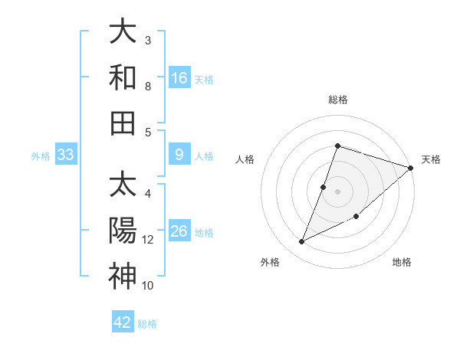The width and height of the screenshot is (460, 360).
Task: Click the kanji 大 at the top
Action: (123, 31)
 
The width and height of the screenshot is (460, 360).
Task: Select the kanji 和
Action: (123, 77)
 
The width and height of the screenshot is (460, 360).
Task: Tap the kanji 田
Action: (123, 123)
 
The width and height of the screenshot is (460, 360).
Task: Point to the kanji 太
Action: (123, 185)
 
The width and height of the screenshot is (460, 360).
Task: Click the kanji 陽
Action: (123, 231)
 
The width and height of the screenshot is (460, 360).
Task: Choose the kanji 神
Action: (123, 276)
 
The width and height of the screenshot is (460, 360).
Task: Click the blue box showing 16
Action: (179, 77)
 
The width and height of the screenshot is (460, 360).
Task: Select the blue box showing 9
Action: (179, 155)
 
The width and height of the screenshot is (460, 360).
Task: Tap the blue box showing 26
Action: (179, 231)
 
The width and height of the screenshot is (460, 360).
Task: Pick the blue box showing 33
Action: (66, 155)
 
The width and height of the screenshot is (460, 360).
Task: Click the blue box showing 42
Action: (123, 322)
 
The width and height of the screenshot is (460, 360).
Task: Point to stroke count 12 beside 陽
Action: (148, 240)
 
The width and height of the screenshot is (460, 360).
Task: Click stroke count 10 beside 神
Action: (148, 286)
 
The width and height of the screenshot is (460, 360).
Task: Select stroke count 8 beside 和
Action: (148, 87)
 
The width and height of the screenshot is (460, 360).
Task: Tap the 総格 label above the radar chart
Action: (337, 100)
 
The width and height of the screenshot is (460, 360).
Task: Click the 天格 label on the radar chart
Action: (431, 159)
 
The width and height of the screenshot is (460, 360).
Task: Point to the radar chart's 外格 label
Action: (270, 262)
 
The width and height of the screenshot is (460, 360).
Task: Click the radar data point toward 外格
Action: (301, 242)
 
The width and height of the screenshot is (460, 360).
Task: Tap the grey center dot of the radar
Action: (337, 191)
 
